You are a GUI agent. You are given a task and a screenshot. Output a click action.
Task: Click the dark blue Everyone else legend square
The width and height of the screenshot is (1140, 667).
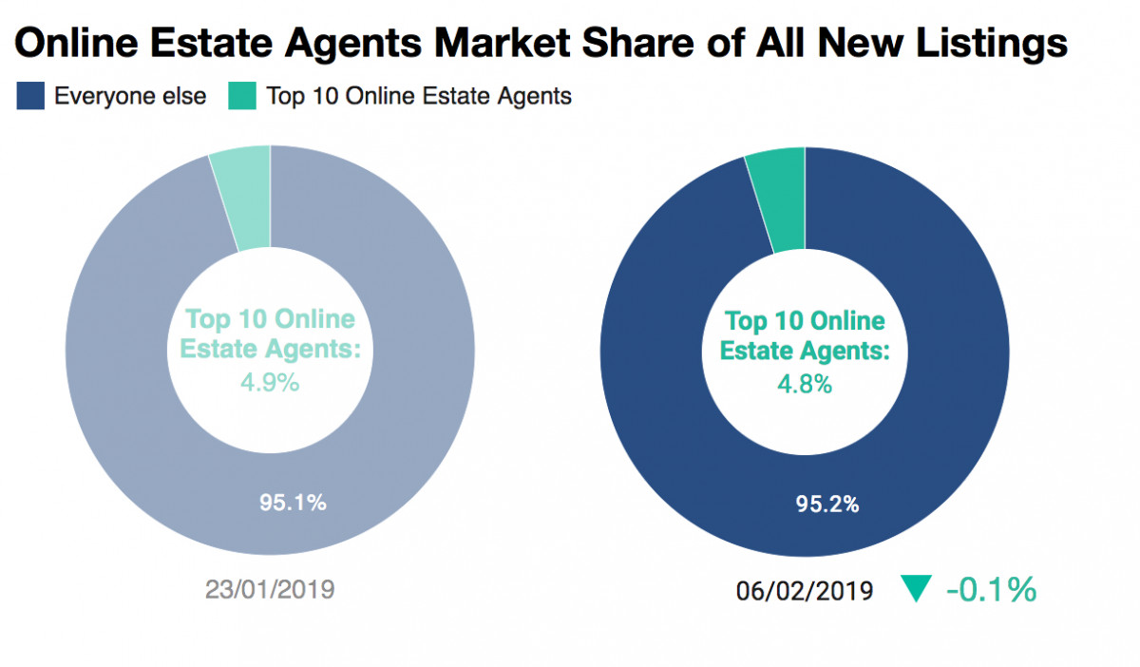(30, 96)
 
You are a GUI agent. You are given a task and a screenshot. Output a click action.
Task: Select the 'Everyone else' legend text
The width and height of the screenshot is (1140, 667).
(130, 96)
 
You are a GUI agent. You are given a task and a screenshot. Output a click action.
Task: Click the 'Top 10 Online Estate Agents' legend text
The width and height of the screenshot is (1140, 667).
(419, 96)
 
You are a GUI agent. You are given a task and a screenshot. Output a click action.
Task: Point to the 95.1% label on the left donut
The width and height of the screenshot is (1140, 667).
(293, 502)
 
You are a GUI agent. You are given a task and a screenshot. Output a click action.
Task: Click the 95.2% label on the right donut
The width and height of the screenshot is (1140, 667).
(826, 504)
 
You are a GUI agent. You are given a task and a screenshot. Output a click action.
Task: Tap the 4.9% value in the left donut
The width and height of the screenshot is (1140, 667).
(270, 383)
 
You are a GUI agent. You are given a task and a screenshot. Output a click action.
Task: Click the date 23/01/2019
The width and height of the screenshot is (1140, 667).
(270, 589)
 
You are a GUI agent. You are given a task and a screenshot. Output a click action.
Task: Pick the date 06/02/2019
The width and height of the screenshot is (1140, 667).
(804, 590)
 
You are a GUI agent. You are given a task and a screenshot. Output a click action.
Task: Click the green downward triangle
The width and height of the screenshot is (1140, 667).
(915, 590)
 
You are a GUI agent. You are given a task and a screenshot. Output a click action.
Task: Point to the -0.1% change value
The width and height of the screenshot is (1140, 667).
(990, 590)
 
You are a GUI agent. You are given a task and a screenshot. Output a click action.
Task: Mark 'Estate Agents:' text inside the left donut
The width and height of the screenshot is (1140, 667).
(271, 349)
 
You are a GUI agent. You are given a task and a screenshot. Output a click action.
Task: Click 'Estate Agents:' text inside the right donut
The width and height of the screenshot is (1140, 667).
(805, 350)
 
